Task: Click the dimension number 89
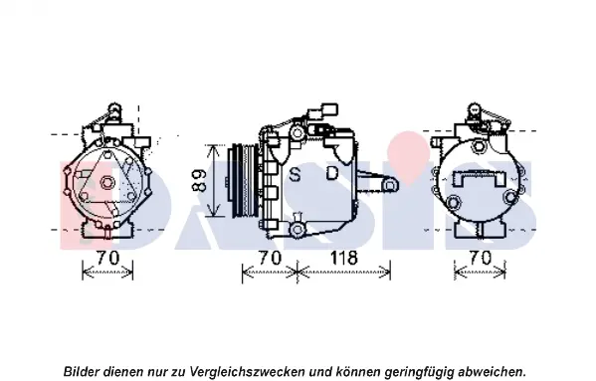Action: (x=198, y=180)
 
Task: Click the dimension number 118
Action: (x=344, y=258)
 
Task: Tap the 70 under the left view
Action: (x=107, y=258)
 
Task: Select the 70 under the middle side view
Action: (x=270, y=258)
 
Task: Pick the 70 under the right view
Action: (x=480, y=258)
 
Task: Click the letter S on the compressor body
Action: (x=295, y=174)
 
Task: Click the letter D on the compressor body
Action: (x=332, y=173)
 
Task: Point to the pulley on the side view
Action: (x=243, y=181)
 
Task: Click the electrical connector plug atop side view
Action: (x=329, y=109)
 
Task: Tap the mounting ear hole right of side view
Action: (x=390, y=186)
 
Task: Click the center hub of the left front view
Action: (x=107, y=183)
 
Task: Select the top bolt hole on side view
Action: (x=297, y=133)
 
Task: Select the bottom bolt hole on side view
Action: (x=297, y=229)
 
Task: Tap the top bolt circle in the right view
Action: (x=479, y=146)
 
